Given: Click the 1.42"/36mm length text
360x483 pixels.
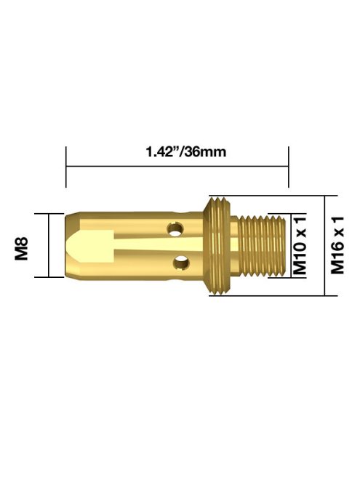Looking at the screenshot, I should tap(177, 153).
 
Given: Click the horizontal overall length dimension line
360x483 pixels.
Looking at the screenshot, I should tap(177, 167).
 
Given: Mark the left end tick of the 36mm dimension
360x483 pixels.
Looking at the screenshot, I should tap(66, 167).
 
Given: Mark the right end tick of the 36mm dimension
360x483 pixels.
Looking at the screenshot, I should tap(289, 167).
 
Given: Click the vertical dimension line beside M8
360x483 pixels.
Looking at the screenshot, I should tap(49, 245).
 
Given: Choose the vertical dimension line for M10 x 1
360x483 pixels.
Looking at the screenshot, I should tap(289, 245).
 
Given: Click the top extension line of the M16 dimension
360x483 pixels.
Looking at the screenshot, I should tap(276, 196).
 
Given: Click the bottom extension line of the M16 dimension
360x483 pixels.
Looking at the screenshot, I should tap(276, 295).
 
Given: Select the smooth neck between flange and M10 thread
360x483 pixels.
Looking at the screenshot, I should tap(236, 245).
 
